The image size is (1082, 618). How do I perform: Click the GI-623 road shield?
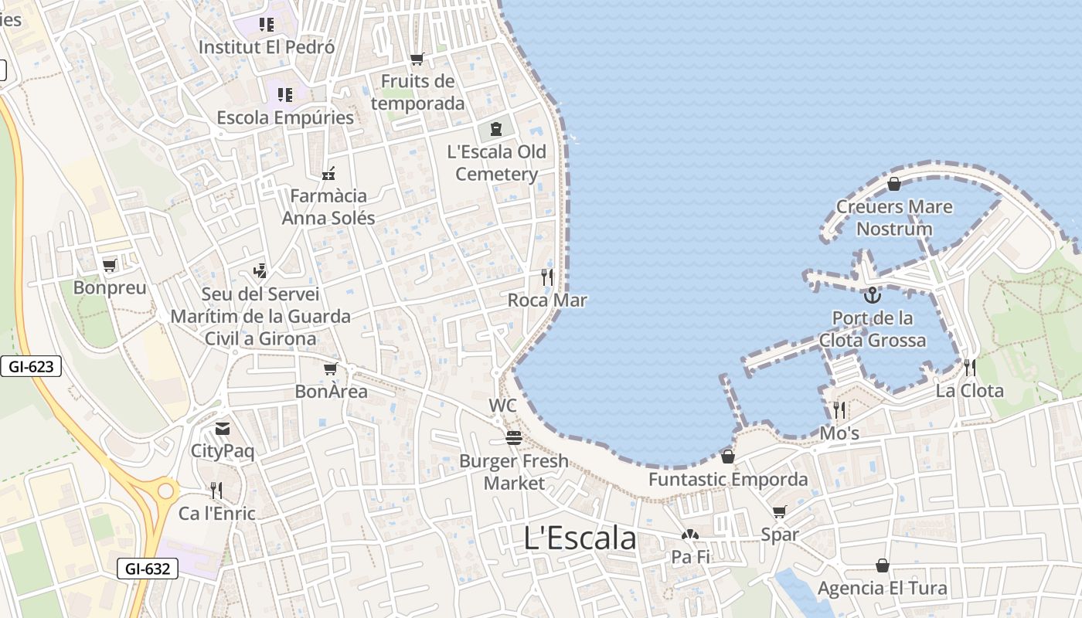coord(31,366)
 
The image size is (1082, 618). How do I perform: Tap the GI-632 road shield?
coord(148,569)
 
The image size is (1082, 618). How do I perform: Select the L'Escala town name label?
coord(580,538)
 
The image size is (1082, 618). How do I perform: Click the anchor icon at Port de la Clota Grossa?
coord(872,295)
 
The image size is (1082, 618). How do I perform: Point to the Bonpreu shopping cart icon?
coord(109,266)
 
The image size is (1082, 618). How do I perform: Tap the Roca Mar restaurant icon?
coord(547,277)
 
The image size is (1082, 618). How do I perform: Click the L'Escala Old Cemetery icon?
coord(495,129)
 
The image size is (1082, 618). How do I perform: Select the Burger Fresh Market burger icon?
coord(514,438)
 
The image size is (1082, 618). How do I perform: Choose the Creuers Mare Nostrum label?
coord(894,218)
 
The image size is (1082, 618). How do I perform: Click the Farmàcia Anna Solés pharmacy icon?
coord(328,173)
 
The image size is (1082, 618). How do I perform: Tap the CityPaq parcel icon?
coord(223,429)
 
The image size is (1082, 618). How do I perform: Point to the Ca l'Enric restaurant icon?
coord(216,491)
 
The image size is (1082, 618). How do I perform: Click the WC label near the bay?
coord(502,406)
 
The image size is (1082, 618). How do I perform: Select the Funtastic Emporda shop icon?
coord(727,457)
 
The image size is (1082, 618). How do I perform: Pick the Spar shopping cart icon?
coord(779,512)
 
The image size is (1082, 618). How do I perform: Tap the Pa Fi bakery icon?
coord(690,535)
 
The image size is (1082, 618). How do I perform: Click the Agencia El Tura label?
coord(882,588)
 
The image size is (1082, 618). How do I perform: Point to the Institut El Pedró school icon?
coord(267,25)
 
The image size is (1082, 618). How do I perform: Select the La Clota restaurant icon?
coord(969,368)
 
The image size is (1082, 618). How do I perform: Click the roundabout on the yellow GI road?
coord(164,490)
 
